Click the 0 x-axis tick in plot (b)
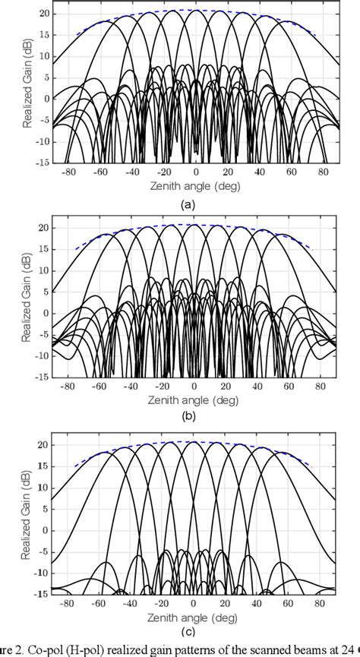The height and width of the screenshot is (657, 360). [x=197, y=384]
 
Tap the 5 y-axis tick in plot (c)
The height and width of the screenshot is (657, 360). [x=47, y=507]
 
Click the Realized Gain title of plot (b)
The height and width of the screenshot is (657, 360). [x=27, y=300]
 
